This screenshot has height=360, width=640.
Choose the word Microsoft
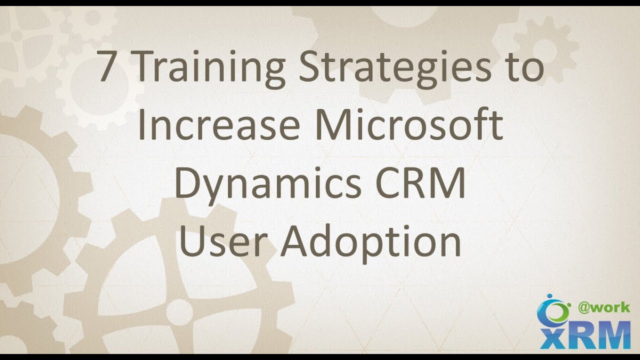click(x=408, y=125)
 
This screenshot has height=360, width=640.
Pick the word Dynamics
click(x=267, y=184)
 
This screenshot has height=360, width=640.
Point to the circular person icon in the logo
click(x=552, y=309)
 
